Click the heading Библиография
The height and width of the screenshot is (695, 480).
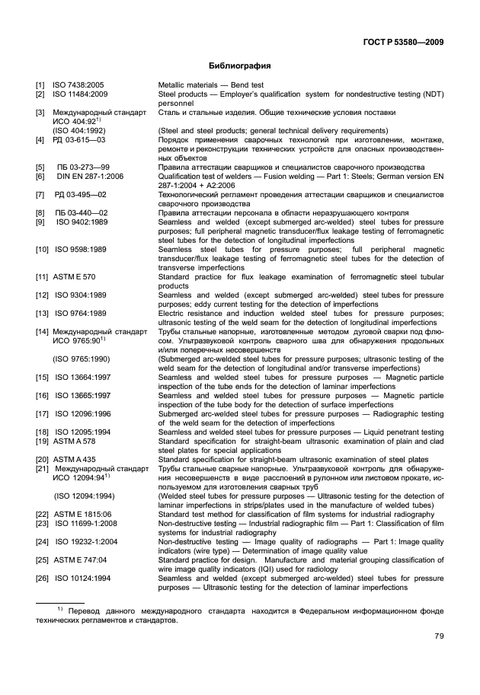[x=240, y=65]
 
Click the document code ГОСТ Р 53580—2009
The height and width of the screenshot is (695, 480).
[x=399, y=41]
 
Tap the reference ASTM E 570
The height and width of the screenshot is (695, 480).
[x=74, y=276]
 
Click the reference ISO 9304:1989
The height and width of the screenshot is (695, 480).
[x=80, y=295]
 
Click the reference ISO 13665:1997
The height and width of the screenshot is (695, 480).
[x=82, y=395]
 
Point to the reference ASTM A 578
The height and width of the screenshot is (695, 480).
[x=74, y=441]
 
